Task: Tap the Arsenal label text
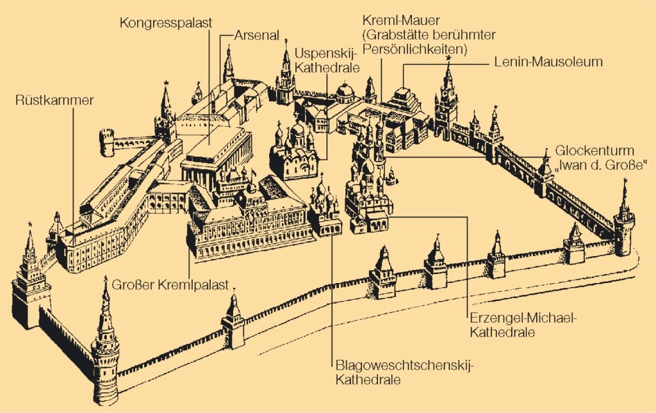click(x=256, y=36)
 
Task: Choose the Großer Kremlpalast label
click(x=170, y=285)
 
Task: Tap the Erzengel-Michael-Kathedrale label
click(x=515, y=325)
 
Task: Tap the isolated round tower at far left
click(x=106, y=142)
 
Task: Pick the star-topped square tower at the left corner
click(x=30, y=282)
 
